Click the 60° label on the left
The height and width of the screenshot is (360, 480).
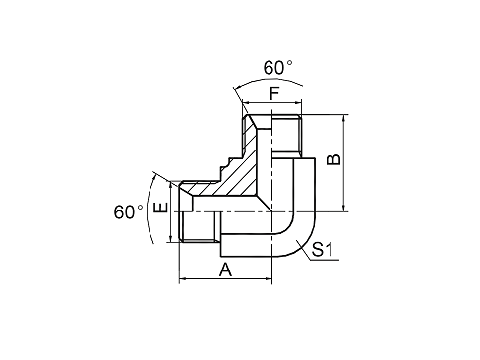(129, 211)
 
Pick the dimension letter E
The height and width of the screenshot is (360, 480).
(162, 210)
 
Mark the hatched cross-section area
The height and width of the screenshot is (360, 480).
(246, 177)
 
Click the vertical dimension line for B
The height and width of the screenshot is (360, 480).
(343, 162)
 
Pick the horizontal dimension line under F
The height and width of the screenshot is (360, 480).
(275, 110)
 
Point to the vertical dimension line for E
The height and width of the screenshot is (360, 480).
(173, 210)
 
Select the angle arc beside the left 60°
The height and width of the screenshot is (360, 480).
(150, 211)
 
